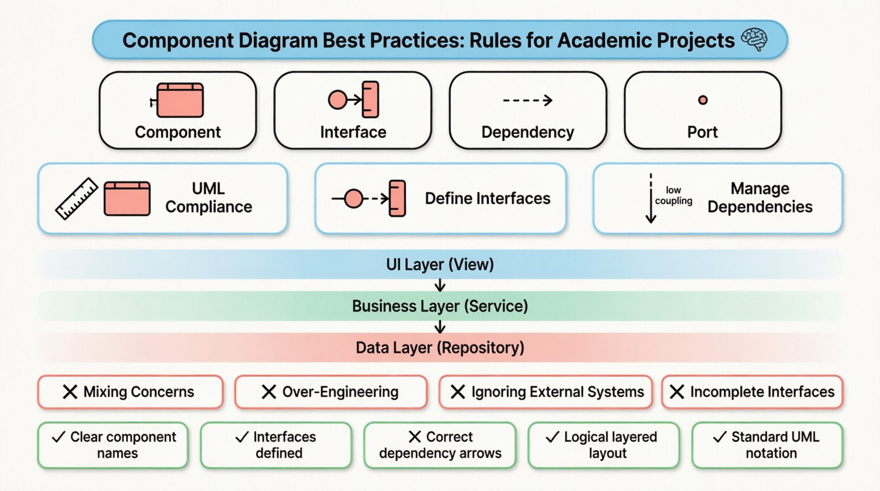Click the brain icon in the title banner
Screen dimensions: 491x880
point(754,39)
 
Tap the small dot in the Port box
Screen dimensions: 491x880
point(702,100)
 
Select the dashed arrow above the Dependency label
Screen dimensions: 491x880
point(527,100)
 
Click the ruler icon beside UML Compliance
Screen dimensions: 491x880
point(77,198)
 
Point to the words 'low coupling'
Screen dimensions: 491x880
point(673,195)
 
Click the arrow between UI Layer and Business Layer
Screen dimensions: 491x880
point(440,286)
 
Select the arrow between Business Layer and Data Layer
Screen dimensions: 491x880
point(440,328)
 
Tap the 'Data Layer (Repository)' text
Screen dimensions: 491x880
point(440,348)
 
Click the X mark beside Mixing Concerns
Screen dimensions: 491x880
point(70,392)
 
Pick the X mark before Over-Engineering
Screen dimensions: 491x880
point(269,392)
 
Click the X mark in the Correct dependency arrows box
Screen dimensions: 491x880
point(415,437)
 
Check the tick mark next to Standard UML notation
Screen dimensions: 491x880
point(719,437)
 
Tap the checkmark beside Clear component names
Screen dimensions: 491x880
point(58,437)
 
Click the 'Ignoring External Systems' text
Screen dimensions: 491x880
point(557,392)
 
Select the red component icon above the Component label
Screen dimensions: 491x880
point(179,100)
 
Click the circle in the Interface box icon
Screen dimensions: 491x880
point(337,99)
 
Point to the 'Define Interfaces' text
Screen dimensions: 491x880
point(488,198)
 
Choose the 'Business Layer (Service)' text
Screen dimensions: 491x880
point(440,306)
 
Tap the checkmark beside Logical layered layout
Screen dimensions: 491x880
point(552,437)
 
